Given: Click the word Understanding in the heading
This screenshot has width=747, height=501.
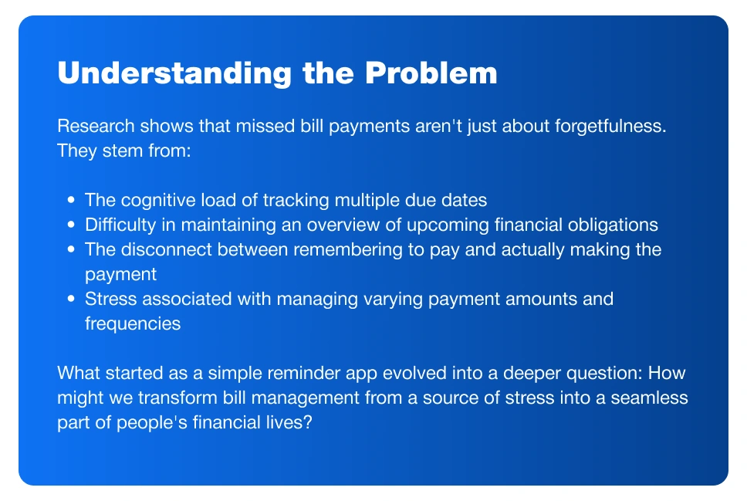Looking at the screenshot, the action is pyautogui.click(x=174, y=73).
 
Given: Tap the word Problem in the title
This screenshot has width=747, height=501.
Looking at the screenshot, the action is pyautogui.click(x=431, y=73).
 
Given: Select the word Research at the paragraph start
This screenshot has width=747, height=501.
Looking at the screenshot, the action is pyautogui.click(x=96, y=127).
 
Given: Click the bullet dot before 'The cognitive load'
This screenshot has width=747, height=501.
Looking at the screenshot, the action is pyautogui.click(x=72, y=200).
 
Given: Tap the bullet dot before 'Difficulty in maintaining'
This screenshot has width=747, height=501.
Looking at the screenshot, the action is pyautogui.click(x=72, y=225).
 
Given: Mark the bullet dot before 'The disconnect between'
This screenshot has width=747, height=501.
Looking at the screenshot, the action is pyautogui.click(x=72, y=249).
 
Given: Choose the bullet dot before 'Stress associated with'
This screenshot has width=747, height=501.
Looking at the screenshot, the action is pyautogui.click(x=72, y=299).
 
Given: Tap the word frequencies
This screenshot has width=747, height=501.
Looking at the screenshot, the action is pyautogui.click(x=133, y=324).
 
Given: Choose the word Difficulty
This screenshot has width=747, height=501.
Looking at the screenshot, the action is pyautogui.click(x=120, y=225).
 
